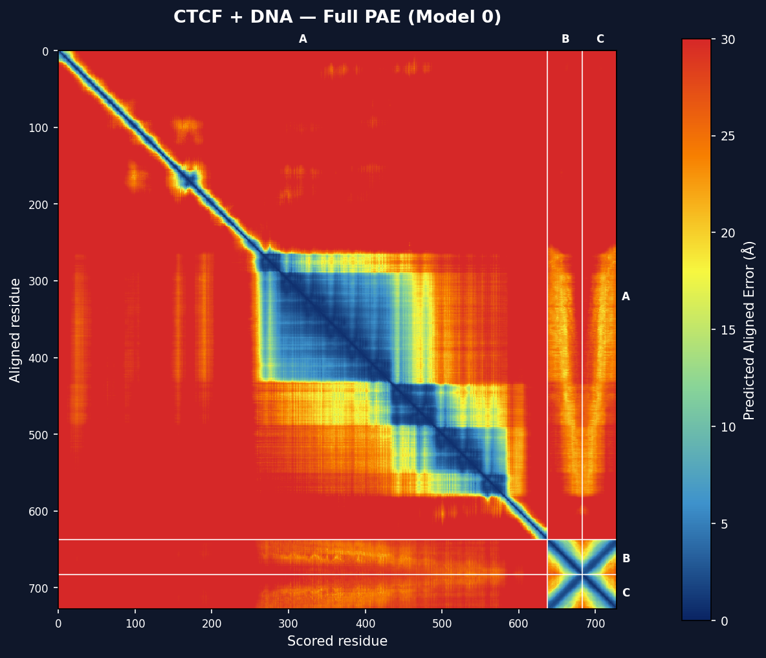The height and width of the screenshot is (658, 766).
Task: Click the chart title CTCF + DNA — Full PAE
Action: (x=337, y=17)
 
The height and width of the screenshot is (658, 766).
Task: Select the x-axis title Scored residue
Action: (x=337, y=641)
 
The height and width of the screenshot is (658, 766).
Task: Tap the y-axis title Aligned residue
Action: (x=16, y=330)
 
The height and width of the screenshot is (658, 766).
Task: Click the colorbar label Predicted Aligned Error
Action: (x=749, y=330)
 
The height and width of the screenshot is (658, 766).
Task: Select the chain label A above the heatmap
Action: (x=303, y=39)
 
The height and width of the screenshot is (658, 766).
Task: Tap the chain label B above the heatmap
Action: (x=565, y=39)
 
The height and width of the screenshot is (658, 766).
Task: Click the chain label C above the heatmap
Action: (x=600, y=39)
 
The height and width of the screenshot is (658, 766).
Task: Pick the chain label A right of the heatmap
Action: (x=626, y=297)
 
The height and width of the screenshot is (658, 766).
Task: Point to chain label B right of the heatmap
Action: (x=626, y=559)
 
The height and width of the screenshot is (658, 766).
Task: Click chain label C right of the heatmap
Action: (x=626, y=593)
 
